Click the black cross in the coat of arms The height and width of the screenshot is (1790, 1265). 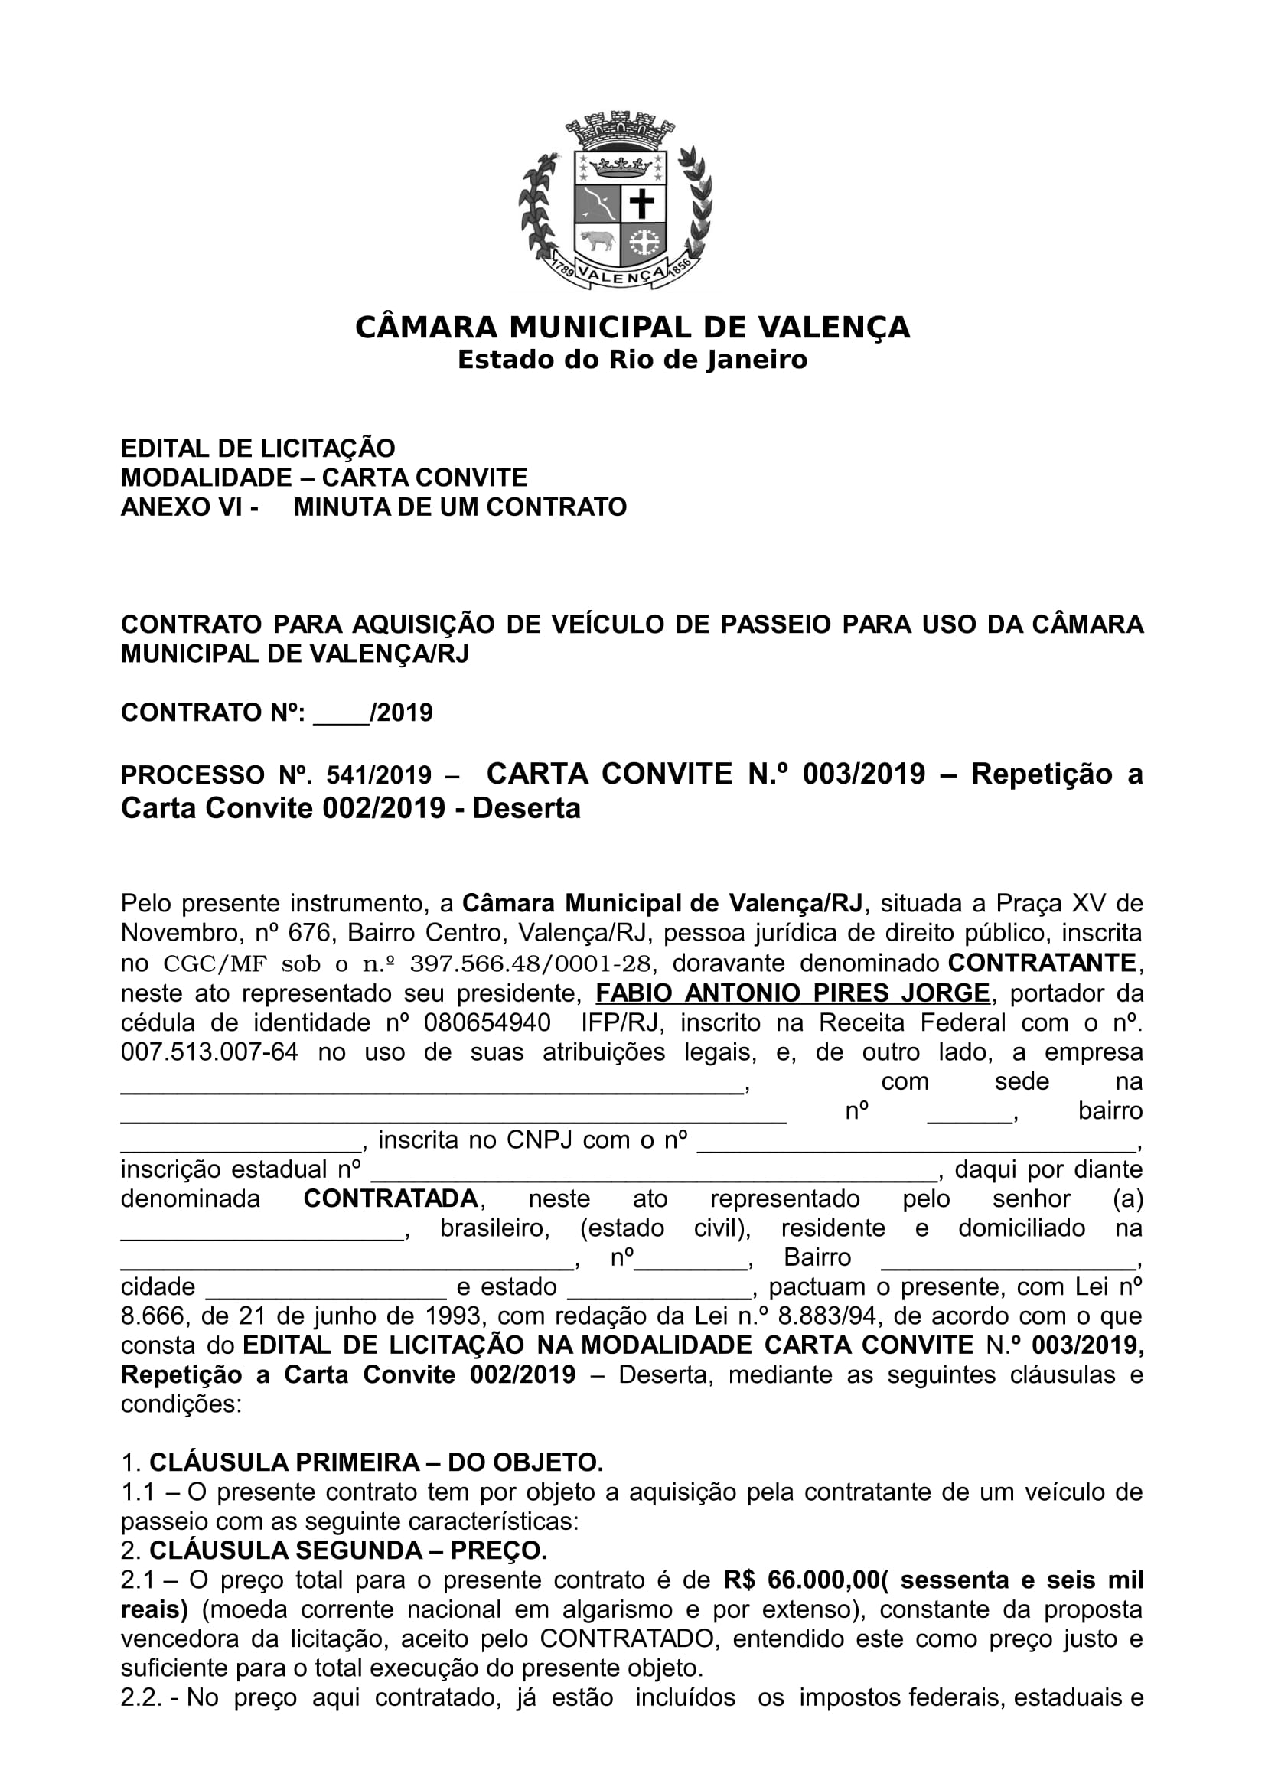(642, 204)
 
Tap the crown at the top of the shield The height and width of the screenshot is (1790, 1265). (621, 166)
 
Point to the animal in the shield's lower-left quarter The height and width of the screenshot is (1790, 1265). (597, 240)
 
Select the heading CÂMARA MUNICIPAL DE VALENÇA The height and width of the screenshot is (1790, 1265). (632, 328)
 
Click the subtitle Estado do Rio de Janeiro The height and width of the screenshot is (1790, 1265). (632, 360)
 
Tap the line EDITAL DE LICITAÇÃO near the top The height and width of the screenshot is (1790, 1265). (258, 448)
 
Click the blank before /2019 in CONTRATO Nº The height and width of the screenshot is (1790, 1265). (341, 712)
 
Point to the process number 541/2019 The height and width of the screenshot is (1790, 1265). (378, 776)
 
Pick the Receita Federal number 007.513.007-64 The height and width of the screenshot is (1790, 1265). (210, 1052)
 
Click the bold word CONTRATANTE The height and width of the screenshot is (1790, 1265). (1044, 963)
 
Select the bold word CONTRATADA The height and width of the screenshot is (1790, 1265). (390, 1199)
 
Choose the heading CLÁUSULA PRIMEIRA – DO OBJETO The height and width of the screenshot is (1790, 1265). (377, 1462)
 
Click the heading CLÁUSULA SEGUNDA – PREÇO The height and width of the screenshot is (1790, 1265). (348, 1550)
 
